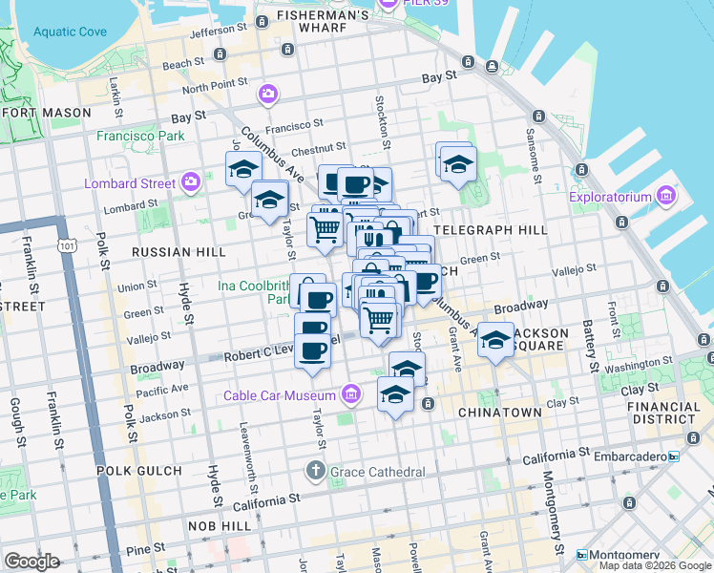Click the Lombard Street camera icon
(x=191, y=181)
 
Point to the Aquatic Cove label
(x=70, y=32)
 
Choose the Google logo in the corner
(x=31, y=561)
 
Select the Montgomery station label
(x=625, y=555)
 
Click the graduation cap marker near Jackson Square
(x=494, y=340)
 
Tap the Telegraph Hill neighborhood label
(x=491, y=230)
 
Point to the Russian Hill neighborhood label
(x=165, y=252)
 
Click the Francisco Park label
(x=140, y=136)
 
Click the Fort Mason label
(x=47, y=112)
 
